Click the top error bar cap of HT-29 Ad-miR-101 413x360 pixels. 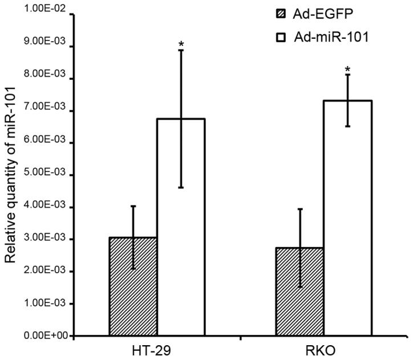pyautogui.click(x=181, y=50)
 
